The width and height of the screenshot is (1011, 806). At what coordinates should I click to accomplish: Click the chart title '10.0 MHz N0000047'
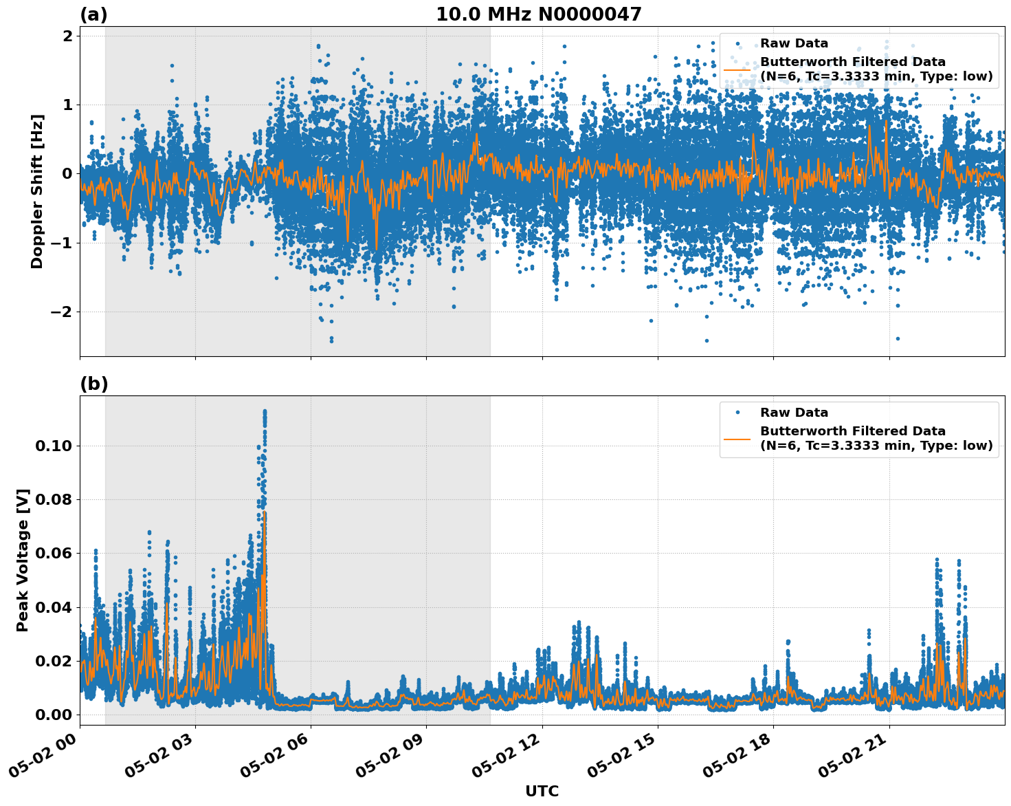coord(538,14)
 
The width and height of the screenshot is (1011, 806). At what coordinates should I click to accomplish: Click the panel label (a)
coord(93,14)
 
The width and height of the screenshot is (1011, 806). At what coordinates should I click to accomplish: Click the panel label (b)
coord(93,384)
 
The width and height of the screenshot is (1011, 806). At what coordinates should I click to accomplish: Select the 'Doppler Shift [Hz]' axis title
coord(37,191)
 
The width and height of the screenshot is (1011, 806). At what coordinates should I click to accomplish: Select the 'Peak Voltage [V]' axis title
coord(23,560)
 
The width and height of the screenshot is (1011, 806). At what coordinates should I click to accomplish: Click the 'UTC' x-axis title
coord(542,791)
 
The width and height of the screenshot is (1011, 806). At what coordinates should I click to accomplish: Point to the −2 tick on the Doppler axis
coord(62,312)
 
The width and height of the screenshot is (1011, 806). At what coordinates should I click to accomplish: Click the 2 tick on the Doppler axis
coord(67,35)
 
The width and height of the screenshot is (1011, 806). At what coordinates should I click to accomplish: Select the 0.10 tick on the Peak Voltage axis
coord(54,446)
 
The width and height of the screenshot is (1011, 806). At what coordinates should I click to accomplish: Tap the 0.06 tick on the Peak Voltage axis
coord(54,553)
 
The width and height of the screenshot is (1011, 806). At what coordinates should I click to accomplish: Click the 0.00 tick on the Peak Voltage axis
coord(54,715)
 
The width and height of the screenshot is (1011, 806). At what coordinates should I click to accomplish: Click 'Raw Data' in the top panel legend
coord(794,43)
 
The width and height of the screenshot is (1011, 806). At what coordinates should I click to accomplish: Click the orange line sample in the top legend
coord(737,69)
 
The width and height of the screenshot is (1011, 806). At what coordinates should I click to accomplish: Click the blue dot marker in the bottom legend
coord(737,413)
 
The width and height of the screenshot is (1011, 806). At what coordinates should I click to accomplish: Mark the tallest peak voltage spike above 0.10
coord(265,411)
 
